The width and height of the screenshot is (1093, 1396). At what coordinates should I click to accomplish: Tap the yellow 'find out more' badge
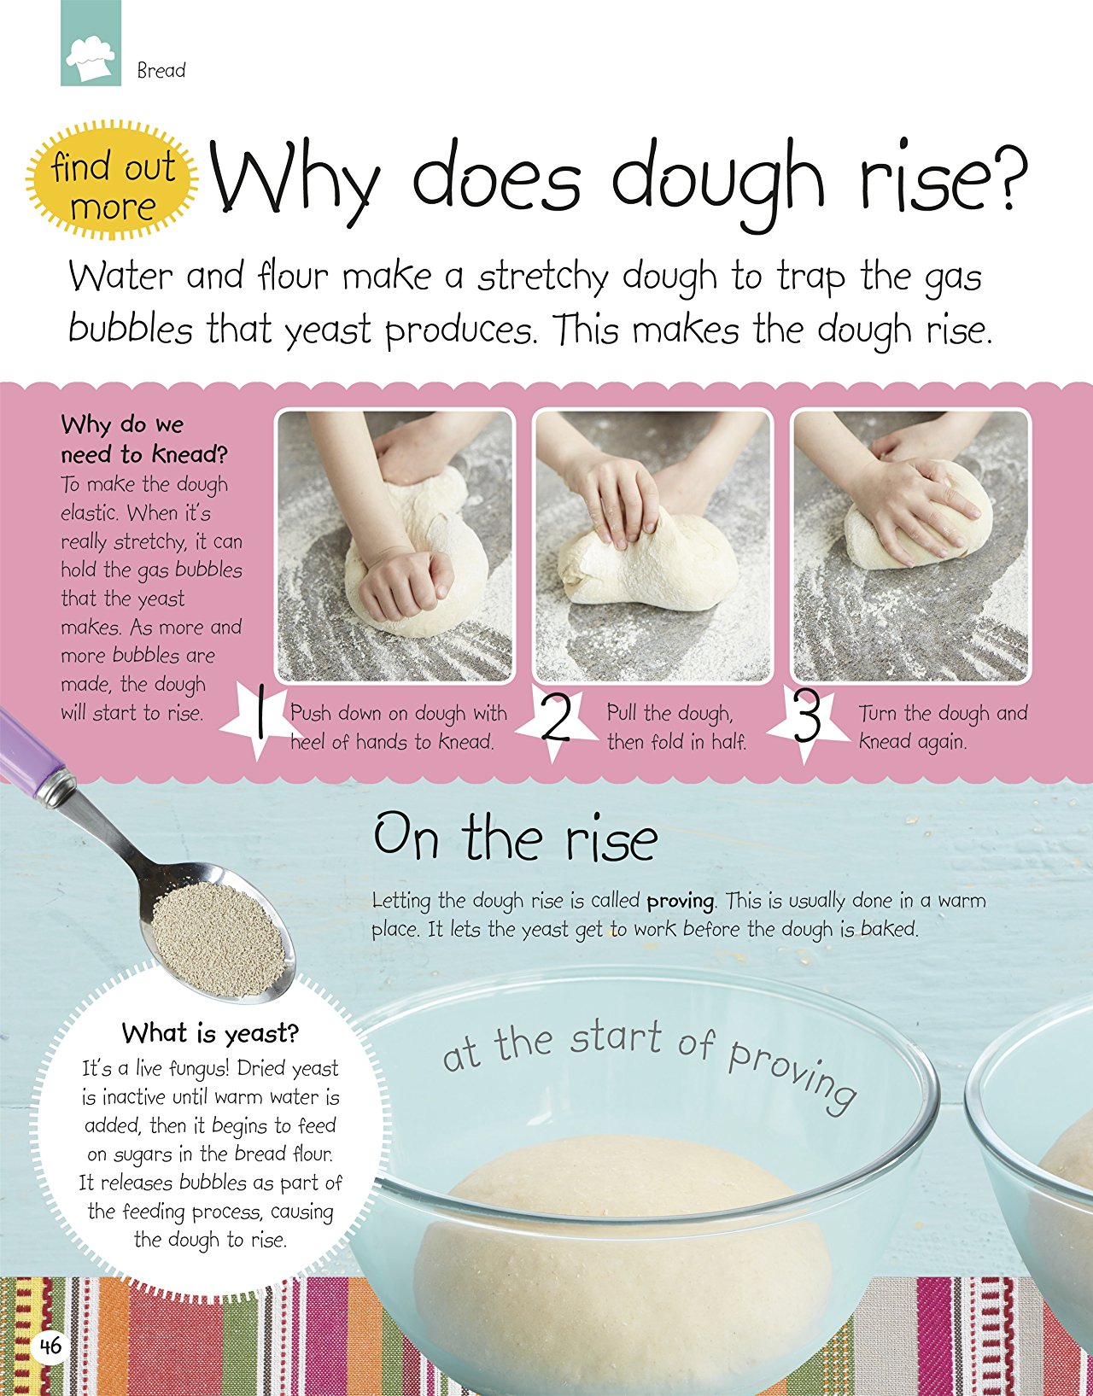pyautogui.click(x=113, y=180)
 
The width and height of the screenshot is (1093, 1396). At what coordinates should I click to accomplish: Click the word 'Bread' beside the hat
pyautogui.click(x=161, y=70)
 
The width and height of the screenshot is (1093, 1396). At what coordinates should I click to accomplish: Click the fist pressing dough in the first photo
pyautogui.click(x=405, y=581)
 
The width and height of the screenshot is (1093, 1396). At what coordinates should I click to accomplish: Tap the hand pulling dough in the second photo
pyautogui.click(x=613, y=501)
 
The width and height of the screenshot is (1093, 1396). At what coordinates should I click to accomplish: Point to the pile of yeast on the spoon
pyautogui.click(x=219, y=938)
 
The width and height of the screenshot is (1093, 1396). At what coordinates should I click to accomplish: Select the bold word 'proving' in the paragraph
pyautogui.click(x=680, y=902)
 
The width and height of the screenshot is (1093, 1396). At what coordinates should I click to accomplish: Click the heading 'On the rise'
pyautogui.click(x=516, y=837)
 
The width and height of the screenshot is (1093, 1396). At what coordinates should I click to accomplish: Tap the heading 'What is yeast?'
pyautogui.click(x=211, y=1034)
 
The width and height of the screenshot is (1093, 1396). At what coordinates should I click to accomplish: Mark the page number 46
pyautogui.click(x=50, y=1345)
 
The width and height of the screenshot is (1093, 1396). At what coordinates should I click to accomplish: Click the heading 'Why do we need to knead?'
pyautogui.click(x=144, y=439)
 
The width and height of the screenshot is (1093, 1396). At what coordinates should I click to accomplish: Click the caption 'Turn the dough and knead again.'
pyautogui.click(x=944, y=727)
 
